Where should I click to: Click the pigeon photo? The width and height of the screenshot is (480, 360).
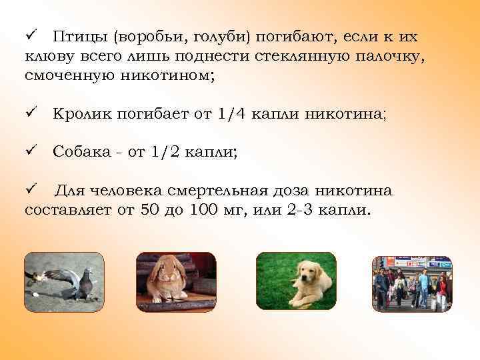[64, 282]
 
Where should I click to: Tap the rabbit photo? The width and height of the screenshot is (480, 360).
[176, 282]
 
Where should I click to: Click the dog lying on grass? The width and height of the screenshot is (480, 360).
[296, 282]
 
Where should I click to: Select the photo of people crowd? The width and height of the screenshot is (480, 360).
[411, 283]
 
